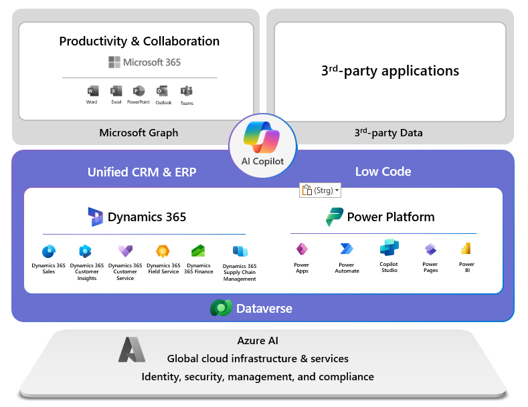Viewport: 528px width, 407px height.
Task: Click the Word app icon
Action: point(92,91)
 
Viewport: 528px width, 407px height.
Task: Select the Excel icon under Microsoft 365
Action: point(116,91)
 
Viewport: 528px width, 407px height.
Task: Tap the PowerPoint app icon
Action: point(139,91)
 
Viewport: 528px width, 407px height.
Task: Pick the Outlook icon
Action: point(162,91)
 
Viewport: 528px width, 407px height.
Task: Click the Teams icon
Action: point(186,91)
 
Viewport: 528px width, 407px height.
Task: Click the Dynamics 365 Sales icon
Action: point(49,251)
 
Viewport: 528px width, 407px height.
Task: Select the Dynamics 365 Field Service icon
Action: point(163,251)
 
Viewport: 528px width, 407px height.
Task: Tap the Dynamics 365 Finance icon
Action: point(199,251)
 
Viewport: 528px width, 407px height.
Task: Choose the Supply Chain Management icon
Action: point(240,251)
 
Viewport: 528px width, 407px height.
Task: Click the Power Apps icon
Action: point(302,249)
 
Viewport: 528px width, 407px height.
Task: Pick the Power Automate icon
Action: point(346,249)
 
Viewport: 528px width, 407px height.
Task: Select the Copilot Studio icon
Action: point(389,248)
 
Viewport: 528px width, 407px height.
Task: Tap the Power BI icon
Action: point(466,249)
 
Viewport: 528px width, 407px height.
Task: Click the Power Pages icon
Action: point(430,249)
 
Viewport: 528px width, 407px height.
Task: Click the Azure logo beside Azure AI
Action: point(132,349)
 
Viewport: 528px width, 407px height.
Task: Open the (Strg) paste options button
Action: point(320,190)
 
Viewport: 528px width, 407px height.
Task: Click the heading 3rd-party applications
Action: point(390,71)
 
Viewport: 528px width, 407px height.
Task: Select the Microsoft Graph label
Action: point(139,132)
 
